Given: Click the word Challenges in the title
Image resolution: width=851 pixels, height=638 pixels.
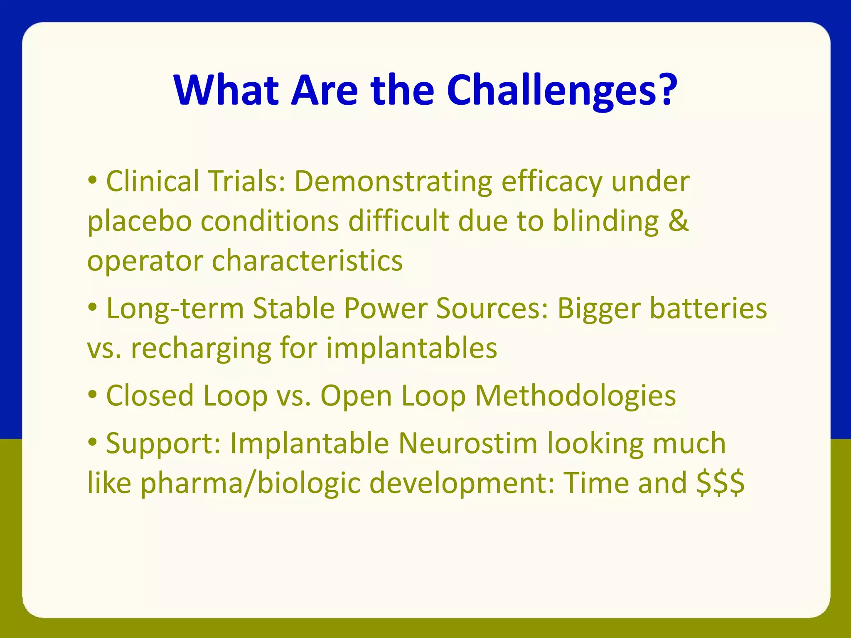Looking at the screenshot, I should click(x=561, y=91).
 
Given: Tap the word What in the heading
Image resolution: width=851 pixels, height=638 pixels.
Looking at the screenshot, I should click(x=226, y=91).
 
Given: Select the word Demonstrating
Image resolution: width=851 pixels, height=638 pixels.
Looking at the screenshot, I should click(x=393, y=182).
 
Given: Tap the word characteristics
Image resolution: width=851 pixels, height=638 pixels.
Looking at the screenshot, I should click(x=307, y=261).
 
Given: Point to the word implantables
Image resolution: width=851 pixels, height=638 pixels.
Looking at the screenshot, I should click(x=411, y=348).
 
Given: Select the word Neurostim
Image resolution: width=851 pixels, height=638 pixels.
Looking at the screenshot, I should click(x=468, y=443).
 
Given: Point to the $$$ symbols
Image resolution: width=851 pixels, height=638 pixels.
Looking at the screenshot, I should click(x=721, y=483).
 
